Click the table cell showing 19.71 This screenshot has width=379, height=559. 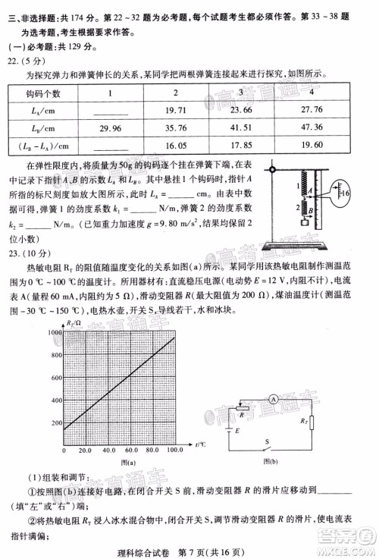point(176,109)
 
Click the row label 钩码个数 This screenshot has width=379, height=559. point(48,93)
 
